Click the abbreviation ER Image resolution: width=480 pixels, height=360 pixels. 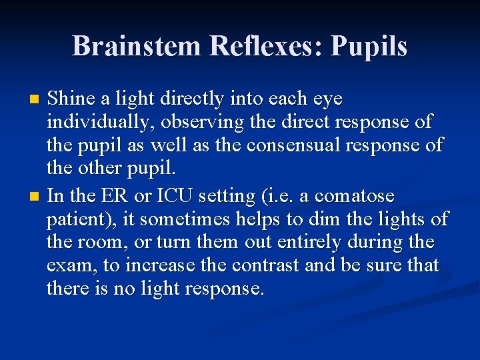112,197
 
